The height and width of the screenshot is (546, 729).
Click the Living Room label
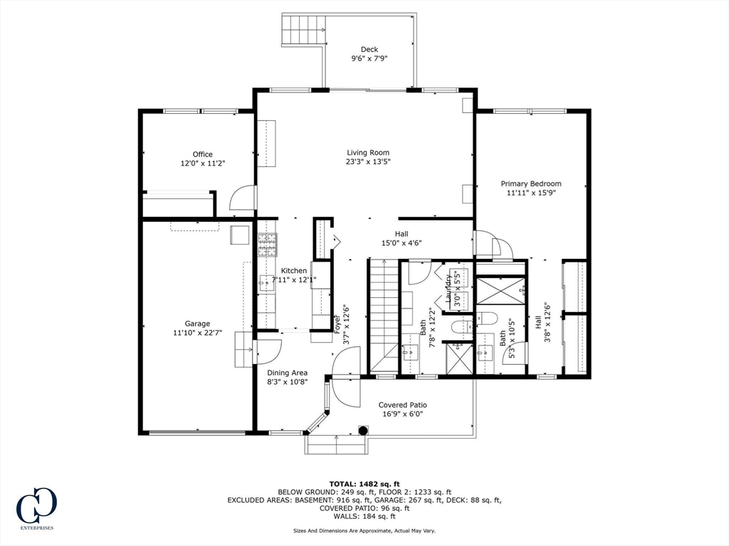coord(368,153)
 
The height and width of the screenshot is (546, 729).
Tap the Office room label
coord(203,154)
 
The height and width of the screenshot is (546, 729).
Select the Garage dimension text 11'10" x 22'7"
coord(198,333)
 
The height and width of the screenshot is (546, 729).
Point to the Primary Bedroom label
coord(531,184)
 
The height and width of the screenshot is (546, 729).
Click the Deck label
coord(369,49)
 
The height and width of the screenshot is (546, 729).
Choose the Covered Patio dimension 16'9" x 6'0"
coord(403,414)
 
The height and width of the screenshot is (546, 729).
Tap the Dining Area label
coord(288,373)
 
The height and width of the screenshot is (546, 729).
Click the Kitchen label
coord(294,271)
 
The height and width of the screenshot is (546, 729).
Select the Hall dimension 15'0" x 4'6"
coord(402,243)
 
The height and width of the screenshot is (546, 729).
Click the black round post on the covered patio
coord(362,430)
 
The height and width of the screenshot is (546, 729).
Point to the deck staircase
coord(303,29)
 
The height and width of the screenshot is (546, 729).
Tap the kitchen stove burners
coord(268,245)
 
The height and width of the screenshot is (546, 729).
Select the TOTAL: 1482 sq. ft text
coord(364,483)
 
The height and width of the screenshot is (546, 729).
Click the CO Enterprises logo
coord(36,508)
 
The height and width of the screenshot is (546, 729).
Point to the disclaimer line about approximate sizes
coord(364,530)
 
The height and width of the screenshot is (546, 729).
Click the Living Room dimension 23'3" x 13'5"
coord(368,162)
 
